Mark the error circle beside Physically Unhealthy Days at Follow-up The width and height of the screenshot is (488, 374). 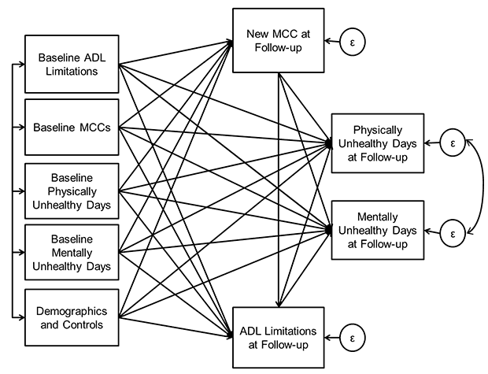click(x=452, y=144)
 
